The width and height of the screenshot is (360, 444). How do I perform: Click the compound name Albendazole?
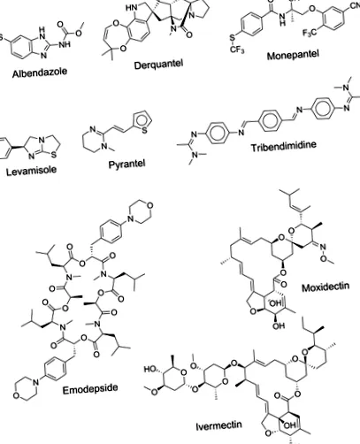point(40,73)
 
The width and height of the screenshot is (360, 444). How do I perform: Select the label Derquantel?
point(158,65)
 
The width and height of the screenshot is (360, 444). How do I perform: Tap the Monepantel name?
point(293,55)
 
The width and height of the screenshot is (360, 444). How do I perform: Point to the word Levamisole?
point(31,171)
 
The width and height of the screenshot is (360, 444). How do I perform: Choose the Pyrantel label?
point(127,164)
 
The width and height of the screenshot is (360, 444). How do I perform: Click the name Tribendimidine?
point(284,146)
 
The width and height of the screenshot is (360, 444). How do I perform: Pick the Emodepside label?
point(90,389)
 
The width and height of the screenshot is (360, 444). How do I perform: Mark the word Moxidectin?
point(326,287)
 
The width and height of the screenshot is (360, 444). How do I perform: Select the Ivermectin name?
point(219,425)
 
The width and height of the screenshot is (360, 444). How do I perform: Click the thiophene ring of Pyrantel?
point(143,122)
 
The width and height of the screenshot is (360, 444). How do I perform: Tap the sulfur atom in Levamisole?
point(54,155)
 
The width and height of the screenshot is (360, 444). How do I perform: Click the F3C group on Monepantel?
point(310,32)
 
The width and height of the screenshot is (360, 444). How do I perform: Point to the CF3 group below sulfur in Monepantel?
point(237,50)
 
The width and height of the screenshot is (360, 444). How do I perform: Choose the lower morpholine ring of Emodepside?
point(26,389)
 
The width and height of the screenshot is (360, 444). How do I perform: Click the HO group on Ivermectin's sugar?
point(150,369)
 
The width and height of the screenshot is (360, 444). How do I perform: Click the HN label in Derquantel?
point(132,8)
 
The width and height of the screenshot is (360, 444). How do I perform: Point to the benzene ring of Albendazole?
point(22,47)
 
